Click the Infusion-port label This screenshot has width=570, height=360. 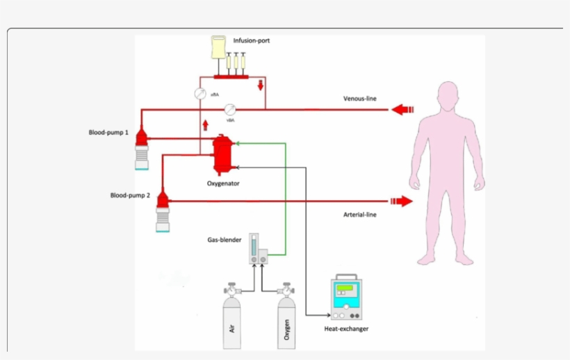251,41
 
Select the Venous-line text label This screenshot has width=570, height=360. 360,99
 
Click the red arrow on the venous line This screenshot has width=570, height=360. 402,109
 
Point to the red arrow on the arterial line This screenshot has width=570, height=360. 402,202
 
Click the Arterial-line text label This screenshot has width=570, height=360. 360,215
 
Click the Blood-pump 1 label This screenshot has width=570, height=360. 108,131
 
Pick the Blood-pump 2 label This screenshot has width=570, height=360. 130,195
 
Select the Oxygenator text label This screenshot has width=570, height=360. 223,183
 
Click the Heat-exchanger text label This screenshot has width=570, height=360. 346,329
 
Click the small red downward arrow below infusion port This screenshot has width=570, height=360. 261,85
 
